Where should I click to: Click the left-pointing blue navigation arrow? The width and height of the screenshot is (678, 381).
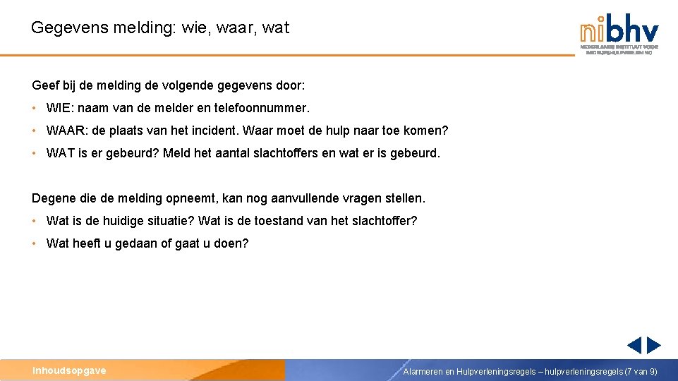(x=634, y=345)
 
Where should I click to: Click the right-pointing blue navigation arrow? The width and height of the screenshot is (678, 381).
(x=654, y=345)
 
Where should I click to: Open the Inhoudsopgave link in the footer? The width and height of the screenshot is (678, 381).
(x=69, y=370)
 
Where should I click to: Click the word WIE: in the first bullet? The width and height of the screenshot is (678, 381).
(x=60, y=109)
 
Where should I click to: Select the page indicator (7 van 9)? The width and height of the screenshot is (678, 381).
(x=641, y=371)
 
